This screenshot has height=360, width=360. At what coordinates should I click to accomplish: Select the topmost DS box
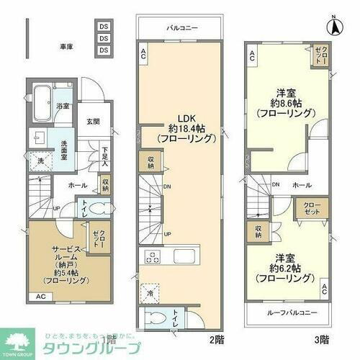pos(104,27)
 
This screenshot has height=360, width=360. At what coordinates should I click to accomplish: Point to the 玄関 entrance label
pos(94,121)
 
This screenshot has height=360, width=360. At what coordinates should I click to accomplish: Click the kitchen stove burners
pos(154,256)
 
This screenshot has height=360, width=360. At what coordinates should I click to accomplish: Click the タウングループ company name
pos(79,345)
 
